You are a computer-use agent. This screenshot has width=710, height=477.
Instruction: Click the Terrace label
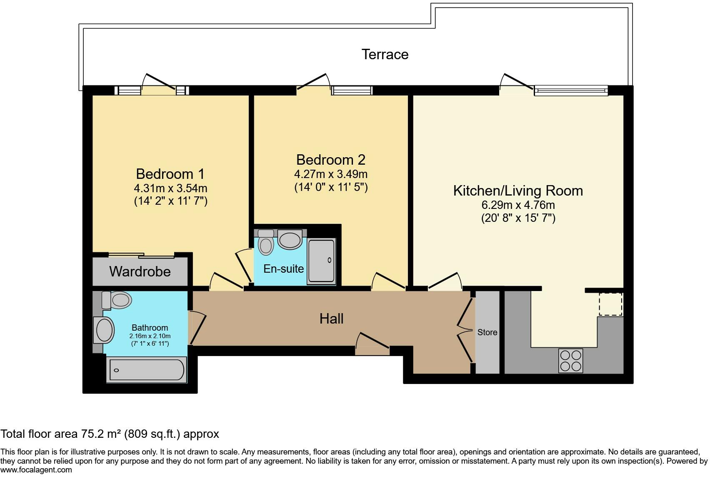pos(385,55)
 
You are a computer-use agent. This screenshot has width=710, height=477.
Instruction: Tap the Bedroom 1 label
pos(170,174)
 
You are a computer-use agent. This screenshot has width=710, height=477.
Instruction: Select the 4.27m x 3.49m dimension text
pos(331,174)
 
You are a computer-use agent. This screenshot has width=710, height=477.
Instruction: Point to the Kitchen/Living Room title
pos(518,191)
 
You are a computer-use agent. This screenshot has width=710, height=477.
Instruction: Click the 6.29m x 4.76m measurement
pos(518,205)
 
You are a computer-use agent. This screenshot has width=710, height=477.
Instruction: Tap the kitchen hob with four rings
pos(570,361)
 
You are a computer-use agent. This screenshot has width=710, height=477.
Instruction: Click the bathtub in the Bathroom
pos(146,370)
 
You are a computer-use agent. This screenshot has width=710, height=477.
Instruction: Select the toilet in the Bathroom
pos(117,300)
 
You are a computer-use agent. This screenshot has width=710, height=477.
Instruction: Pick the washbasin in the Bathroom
pos(104,330)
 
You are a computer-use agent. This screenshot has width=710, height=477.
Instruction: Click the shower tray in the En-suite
pos(321,261)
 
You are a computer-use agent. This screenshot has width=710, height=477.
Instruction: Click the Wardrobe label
pos(140,271)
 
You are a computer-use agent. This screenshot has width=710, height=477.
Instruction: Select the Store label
pos(487,332)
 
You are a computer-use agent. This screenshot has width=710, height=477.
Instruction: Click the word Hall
pos(331,319)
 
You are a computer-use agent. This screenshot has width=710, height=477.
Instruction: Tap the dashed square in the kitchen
pos(610,304)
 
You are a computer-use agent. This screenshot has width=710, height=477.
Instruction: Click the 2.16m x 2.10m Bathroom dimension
pos(150,336)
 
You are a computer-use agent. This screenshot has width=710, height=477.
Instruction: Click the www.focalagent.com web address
pos(36,470)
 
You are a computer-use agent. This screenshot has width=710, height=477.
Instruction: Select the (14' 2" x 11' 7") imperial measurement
pos(170,201)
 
